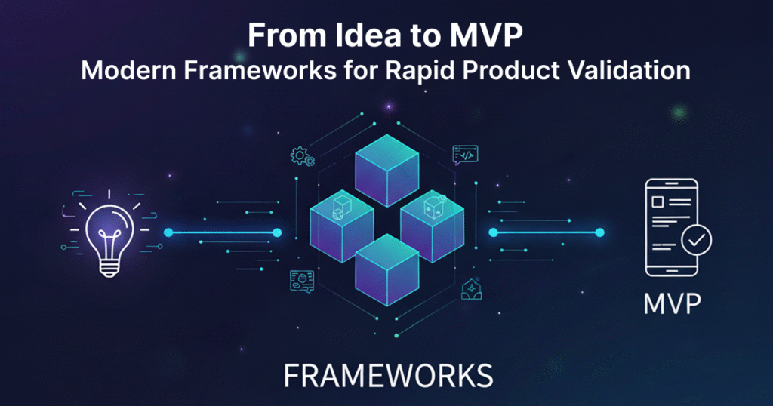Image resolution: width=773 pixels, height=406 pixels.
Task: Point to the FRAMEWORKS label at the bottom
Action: (389, 376)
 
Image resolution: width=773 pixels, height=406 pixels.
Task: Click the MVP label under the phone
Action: (673, 303)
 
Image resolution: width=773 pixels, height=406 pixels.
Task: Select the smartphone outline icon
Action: (671, 228)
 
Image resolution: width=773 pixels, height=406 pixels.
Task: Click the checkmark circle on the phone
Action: (696, 240)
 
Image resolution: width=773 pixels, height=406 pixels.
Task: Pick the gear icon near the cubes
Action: (300, 156)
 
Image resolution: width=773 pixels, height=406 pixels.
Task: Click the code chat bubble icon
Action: (465, 155)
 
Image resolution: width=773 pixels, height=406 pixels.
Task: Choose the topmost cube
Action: (387, 171)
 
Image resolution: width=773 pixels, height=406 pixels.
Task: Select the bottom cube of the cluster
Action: (387, 270)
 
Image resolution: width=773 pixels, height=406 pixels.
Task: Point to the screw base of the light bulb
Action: (109, 268)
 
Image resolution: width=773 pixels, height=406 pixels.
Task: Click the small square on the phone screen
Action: (658, 202)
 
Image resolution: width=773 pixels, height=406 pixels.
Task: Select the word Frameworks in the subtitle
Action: (260, 70)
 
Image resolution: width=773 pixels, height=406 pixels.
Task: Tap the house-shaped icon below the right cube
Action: (471, 290)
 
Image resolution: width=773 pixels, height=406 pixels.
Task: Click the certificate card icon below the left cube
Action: (302, 281)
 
